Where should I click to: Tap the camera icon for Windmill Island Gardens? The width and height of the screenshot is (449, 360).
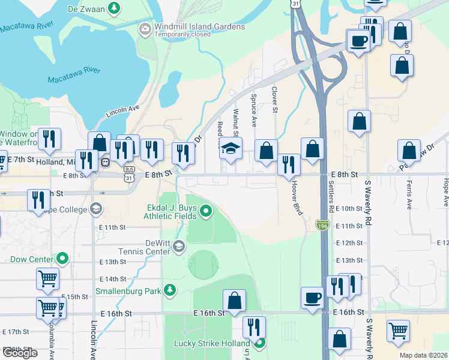point(145,29)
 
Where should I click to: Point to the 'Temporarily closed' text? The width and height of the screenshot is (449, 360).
point(183,34)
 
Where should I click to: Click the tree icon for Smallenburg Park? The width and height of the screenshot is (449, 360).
point(170,290)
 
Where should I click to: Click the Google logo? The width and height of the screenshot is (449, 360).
point(20,353)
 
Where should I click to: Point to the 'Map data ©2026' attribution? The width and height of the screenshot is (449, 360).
point(423,355)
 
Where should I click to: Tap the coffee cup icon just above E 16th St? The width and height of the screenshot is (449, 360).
point(312,298)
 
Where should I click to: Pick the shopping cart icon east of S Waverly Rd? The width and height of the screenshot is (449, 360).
point(398,330)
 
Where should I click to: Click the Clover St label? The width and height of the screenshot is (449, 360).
point(274,100)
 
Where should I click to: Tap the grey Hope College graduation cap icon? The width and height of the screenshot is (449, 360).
point(95,209)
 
